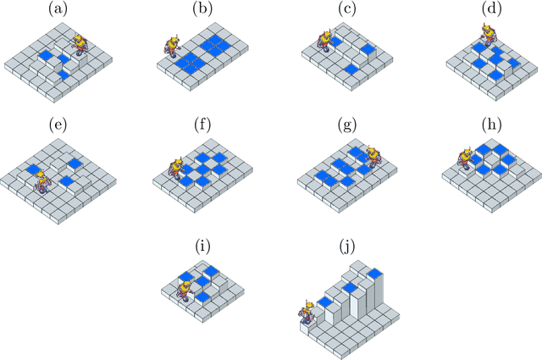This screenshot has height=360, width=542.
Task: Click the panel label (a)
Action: [58, 9]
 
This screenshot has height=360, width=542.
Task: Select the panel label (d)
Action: [491, 9]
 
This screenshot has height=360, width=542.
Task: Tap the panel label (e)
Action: [58, 125]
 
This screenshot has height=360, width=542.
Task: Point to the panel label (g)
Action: [346, 125]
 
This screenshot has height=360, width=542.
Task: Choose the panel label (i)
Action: [202, 246]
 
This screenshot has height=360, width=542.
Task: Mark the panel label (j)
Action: [346, 246]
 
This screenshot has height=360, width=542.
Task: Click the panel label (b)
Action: [202, 9]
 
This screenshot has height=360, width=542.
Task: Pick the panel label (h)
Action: [491, 125]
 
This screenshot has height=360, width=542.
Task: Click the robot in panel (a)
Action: [80, 44]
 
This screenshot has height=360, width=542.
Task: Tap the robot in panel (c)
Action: [325, 42]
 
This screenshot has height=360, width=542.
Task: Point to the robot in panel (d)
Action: [489, 35]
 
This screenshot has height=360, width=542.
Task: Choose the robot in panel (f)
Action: [177, 169]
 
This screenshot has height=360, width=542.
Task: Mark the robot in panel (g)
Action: [373, 158]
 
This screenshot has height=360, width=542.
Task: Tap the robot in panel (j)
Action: [307, 313]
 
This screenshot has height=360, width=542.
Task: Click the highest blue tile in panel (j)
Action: [375, 274]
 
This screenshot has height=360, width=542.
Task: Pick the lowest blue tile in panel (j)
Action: [325, 302]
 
